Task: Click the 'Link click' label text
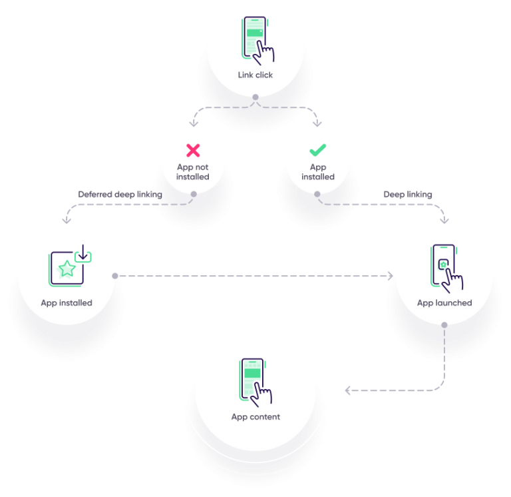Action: click(x=255, y=75)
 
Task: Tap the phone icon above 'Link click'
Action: click(x=255, y=40)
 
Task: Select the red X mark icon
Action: click(x=193, y=151)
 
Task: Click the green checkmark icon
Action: click(x=318, y=151)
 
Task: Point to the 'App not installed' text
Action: click(x=193, y=172)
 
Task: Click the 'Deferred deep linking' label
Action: click(x=120, y=195)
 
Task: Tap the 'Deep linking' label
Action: click(x=408, y=195)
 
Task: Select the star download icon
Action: click(x=69, y=266)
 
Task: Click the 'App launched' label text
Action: click(x=444, y=302)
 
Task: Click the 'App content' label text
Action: click(x=255, y=417)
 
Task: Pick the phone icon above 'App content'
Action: click(x=255, y=382)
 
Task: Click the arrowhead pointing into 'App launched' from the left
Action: click(x=391, y=275)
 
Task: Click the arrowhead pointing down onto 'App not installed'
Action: click(x=193, y=124)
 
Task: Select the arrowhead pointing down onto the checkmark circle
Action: click(x=318, y=124)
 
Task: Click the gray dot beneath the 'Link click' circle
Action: click(x=255, y=97)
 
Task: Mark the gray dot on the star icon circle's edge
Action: click(x=115, y=275)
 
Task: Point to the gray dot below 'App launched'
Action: click(x=444, y=324)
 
